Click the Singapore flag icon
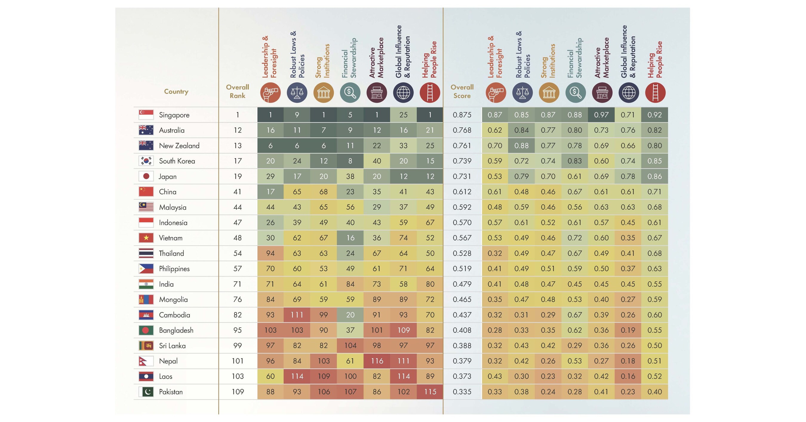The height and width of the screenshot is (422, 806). tap(146, 115)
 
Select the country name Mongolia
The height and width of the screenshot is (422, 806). tap(173, 300)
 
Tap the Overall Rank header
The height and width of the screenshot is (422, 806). tap(238, 91)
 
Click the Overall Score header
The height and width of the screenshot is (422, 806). tap(462, 91)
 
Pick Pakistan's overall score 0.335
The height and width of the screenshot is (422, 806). tap(462, 392)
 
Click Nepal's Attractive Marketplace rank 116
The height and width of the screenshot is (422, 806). tap(377, 361)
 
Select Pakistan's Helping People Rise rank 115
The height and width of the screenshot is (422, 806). tap(430, 392)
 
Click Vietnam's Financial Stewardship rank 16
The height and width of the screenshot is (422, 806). tap(350, 238)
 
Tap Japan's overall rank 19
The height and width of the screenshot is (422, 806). tap(238, 176)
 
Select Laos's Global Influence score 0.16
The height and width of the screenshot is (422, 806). tap(628, 376)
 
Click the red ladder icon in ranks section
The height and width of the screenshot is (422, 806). tap(430, 93)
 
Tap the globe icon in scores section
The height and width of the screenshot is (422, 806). tap(629, 93)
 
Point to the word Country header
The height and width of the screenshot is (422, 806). tap(176, 91)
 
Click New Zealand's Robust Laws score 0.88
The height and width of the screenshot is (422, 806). tap(521, 145)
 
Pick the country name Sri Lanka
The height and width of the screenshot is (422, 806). tap(172, 346)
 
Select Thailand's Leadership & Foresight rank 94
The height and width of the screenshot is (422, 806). tap(270, 253)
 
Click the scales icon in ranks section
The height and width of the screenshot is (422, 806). tap(297, 93)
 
